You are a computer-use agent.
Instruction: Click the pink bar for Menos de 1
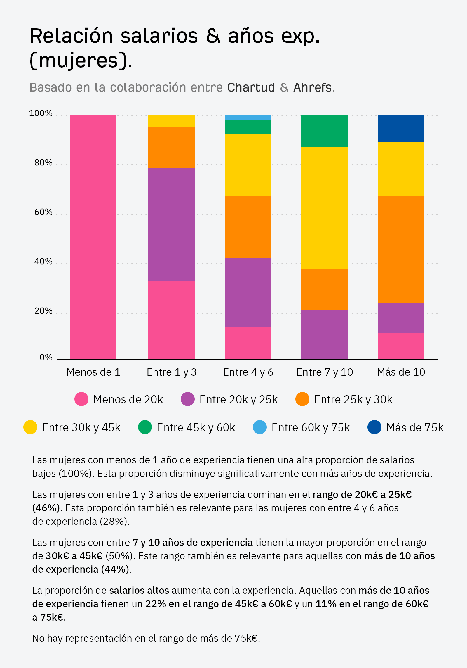93,237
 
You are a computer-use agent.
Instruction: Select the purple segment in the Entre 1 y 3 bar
171,224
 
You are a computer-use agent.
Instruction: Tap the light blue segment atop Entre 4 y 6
248,117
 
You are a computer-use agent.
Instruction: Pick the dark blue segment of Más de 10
401,128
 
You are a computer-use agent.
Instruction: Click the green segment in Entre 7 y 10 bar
324,131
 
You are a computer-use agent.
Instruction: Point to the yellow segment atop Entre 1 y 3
171,121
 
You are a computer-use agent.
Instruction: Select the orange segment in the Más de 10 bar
401,249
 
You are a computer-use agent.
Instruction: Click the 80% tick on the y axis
43,163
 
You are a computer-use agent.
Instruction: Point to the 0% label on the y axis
46,357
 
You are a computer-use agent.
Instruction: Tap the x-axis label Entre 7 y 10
325,372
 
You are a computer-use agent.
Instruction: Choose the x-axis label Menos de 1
93,372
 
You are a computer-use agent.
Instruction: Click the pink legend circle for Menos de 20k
81,399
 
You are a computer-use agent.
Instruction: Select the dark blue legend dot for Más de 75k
374,427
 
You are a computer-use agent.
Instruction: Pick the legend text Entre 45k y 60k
196,427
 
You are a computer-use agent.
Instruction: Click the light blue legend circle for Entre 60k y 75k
260,427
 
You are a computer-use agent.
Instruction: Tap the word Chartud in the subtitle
251,87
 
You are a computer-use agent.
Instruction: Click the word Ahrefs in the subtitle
312,87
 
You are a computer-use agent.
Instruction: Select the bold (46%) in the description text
47,508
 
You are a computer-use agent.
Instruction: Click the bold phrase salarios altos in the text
139,590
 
